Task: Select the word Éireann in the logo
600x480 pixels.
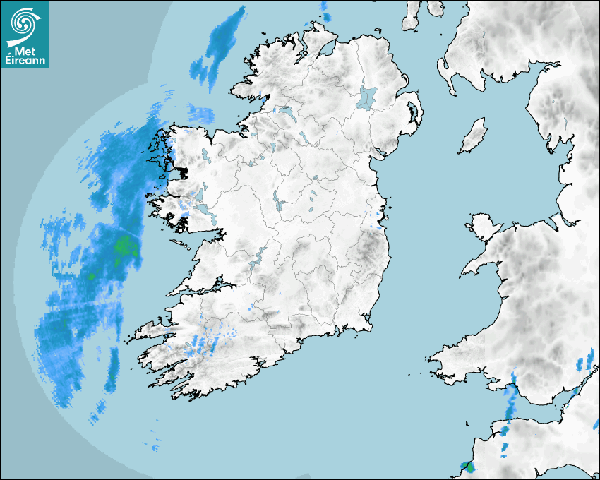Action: pyautogui.click(x=25, y=61)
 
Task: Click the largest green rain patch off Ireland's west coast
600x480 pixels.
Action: pyautogui.click(x=124, y=246)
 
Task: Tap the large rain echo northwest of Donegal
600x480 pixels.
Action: pyautogui.click(x=219, y=46)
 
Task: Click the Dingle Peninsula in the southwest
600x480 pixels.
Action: pyautogui.click(x=152, y=330)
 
